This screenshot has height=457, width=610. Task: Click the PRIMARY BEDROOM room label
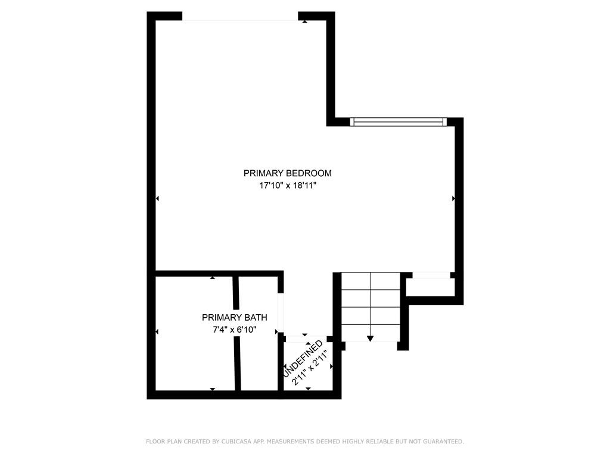point(288,173)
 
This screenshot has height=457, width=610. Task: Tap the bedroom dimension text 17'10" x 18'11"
point(288,186)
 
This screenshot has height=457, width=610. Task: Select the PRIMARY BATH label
point(235,318)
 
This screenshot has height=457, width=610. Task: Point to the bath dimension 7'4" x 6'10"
point(235,330)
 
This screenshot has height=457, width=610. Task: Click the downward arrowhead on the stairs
point(371,339)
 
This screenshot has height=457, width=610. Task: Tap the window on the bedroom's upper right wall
point(398,121)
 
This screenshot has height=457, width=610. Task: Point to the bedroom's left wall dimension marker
point(157,199)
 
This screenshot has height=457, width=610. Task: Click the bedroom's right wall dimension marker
point(453,199)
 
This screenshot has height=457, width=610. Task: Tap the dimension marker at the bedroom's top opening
point(304,22)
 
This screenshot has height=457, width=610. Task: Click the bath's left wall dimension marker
point(157,331)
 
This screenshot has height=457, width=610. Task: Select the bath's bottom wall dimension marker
point(213,389)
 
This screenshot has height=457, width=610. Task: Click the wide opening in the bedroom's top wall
point(240,16)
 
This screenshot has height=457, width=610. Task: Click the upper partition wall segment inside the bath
point(235,293)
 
